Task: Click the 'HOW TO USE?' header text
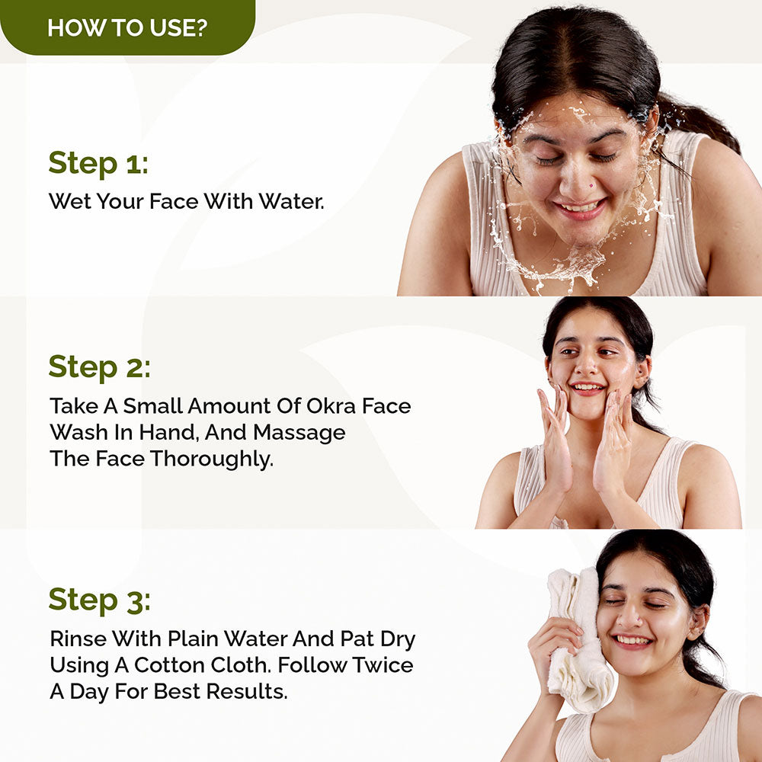point(127,27)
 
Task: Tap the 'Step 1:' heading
point(98,163)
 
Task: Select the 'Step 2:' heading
point(100,367)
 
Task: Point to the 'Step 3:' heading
point(100,600)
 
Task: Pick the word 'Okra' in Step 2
point(331,406)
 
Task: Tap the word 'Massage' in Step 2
point(299,433)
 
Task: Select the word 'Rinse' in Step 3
point(78,639)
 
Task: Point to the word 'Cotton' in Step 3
point(169,664)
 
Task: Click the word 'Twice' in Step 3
point(383,664)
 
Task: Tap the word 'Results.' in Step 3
point(246,691)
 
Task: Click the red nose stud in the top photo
point(591,185)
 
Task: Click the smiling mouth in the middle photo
point(588,388)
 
